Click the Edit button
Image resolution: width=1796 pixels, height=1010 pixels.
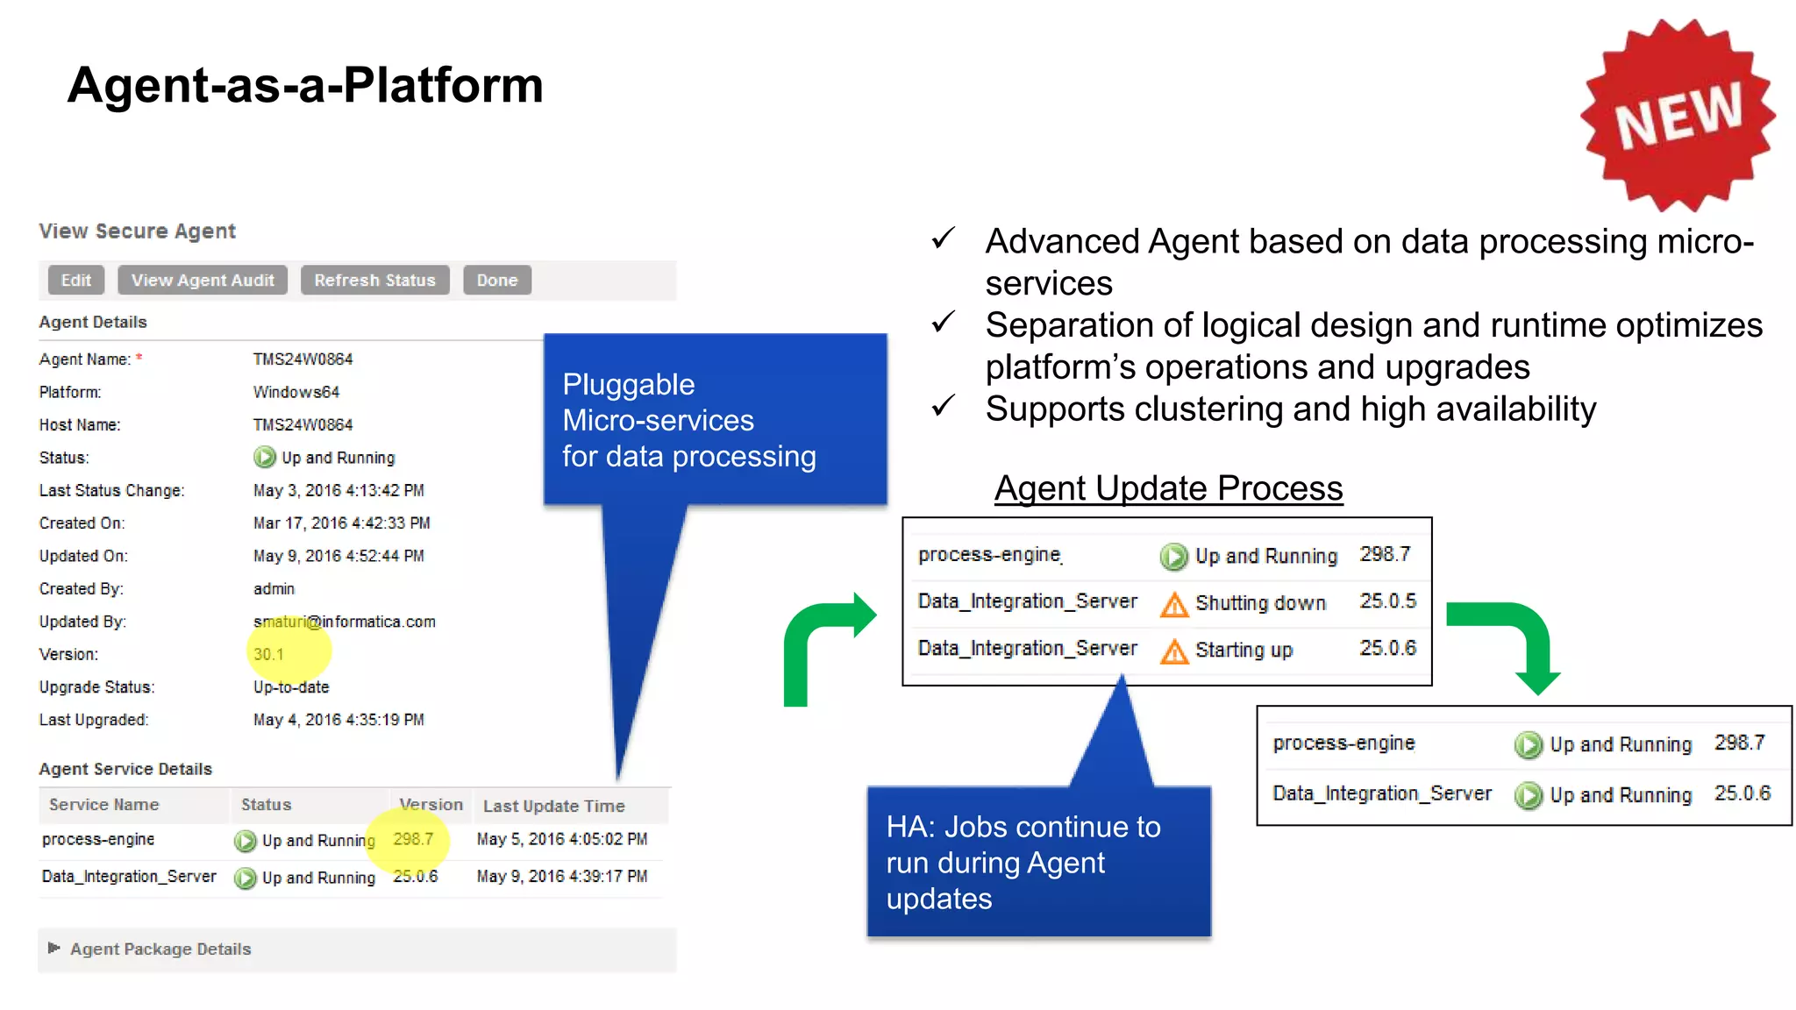[x=76, y=281]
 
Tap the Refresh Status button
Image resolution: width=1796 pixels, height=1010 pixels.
[x=374, y=281]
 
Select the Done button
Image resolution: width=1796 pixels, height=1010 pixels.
[x=496, y=281]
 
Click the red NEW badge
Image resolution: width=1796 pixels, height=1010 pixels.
[x=1678, y=115]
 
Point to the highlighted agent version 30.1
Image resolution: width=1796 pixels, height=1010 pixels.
[x=268, y=654]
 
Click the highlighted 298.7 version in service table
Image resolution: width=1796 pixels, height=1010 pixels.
[x=413, y=839]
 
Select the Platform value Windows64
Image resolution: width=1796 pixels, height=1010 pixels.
[x=296, y=392]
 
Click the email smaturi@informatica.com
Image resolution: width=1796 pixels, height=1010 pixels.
[x=345, y=622]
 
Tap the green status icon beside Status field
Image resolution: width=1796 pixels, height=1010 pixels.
[x=264, y=458]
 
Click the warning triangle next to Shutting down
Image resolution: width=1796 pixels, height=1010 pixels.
[x=1174, y=604]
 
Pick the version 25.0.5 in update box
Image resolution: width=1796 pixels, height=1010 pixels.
[x=1387, y=601]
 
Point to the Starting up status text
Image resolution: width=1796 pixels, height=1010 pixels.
[x=1244, y=650]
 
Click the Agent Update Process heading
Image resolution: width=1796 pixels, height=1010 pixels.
[x=1168, y=488]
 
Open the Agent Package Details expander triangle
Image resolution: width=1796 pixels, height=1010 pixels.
[x=53, y=948]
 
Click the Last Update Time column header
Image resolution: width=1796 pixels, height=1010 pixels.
[x=553, y=806]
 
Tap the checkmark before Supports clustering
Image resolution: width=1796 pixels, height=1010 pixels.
[x=944, y=407]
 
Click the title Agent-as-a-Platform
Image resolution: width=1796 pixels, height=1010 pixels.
[x=305, y=85]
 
